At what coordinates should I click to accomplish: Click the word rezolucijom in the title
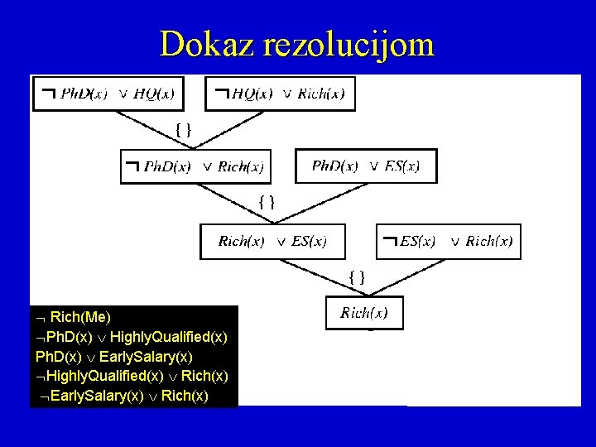coord(348,44)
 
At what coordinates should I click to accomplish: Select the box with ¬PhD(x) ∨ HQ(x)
coord(108,94)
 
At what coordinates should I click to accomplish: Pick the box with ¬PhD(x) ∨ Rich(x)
coord(196,166)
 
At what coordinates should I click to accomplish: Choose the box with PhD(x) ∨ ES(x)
coord(365,166)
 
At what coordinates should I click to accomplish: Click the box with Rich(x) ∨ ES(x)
coord(272,242)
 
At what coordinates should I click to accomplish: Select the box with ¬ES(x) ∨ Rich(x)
coord(449,242)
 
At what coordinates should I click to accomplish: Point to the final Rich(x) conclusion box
coord(364,313)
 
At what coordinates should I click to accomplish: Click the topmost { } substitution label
coord(184,128)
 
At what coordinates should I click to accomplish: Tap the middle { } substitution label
coord(267,201)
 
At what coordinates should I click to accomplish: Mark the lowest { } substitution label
coord(356,276)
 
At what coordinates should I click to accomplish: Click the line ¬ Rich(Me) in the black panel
coord(74,317)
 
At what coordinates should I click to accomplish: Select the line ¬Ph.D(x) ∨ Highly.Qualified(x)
coord(132,337)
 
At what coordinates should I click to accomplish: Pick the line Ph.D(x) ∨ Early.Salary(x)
coord(114,357)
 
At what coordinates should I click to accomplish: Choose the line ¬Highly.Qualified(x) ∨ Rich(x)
coord(132,377)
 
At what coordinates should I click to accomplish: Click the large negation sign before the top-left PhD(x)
coord(48,94)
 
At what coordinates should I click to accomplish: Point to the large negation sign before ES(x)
coord(389,242)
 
